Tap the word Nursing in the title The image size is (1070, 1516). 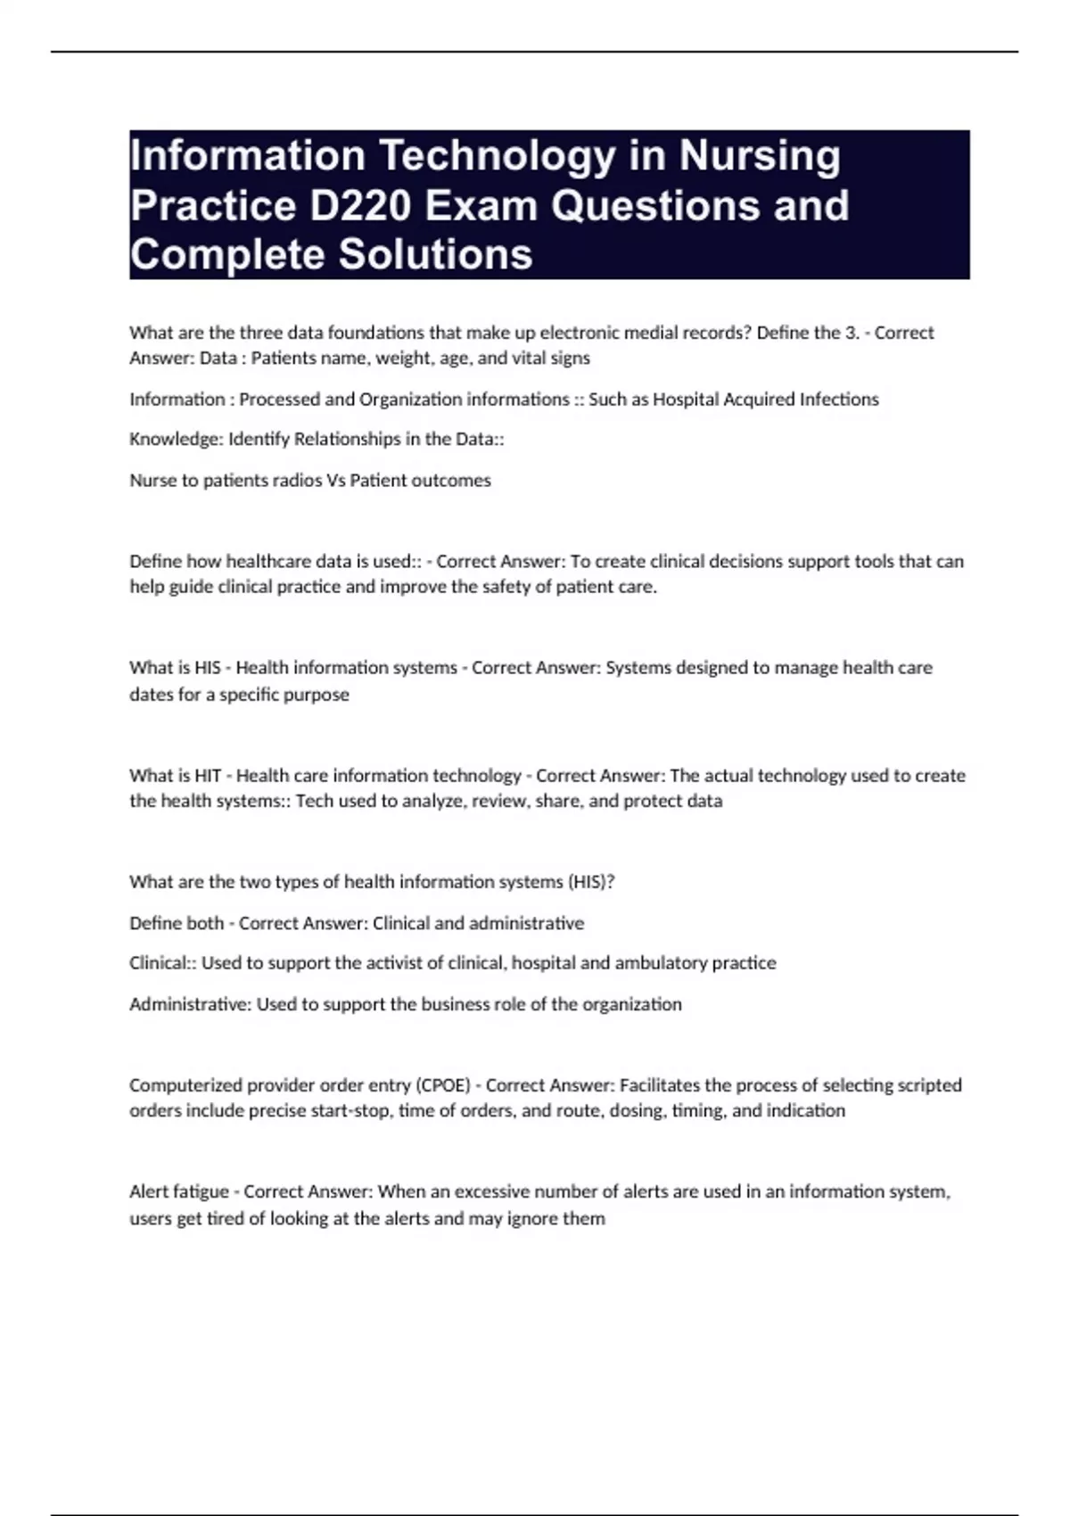point(760,156)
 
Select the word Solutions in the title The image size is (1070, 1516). point(436,255)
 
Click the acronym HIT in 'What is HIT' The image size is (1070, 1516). point(207,776)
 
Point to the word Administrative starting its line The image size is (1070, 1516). point(189,1005)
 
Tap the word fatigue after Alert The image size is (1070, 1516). point(204,1192)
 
